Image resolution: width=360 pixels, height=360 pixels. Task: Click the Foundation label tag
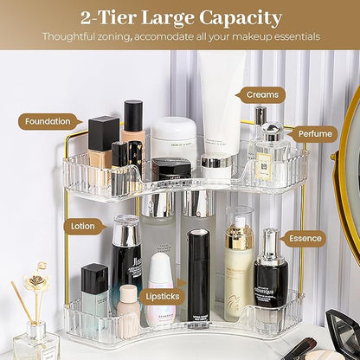coord(48,122)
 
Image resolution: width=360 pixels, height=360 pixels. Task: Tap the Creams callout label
coord(261,94)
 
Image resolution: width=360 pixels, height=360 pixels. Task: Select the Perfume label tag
coord(312,134)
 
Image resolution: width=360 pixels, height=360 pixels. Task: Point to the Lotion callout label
coord(84,226)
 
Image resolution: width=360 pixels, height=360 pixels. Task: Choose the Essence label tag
coord(304,238)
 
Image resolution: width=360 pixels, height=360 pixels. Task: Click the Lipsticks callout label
coord(162,296)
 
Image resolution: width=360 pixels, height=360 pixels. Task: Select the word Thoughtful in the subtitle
coord(76,37)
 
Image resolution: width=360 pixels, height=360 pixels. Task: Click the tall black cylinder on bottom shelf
coord(202,273)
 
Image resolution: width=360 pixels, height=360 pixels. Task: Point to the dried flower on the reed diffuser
coord(36,282)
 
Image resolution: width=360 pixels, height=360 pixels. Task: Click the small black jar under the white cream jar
coord(171,169)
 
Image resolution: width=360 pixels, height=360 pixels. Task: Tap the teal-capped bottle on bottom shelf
coord(94,294)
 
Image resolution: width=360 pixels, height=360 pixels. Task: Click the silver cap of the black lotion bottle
coord(126,231)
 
